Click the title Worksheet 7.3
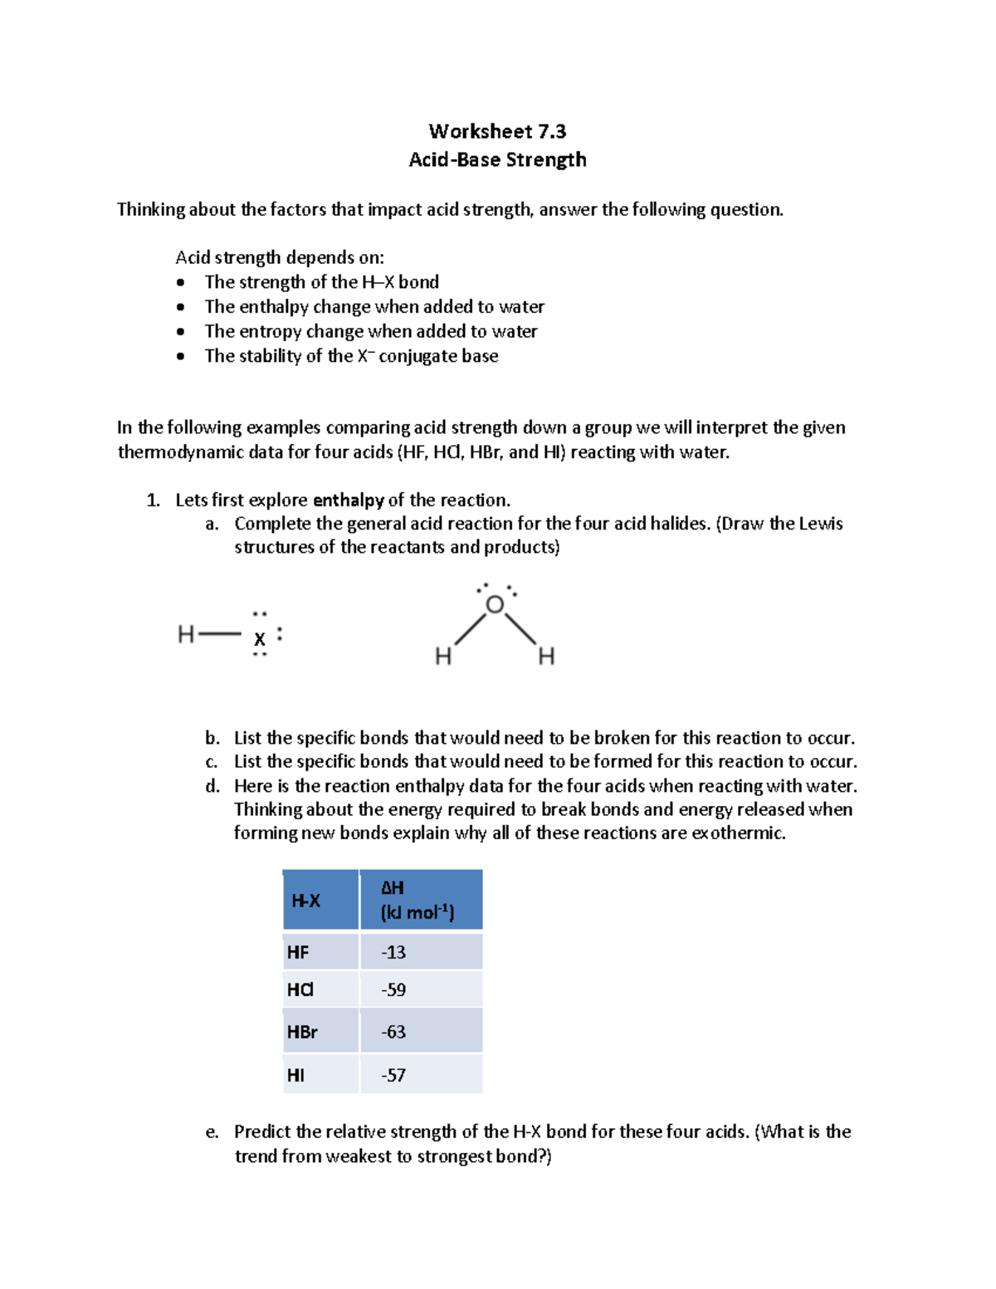coord(497,131)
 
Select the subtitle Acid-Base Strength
coord(497,159)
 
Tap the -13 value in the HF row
coord(393,952)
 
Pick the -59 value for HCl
coord(393,989)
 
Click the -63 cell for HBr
coord(393,1032)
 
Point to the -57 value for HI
coord(393,1075)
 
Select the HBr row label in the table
coord(302,1032)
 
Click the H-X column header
coord(305,901)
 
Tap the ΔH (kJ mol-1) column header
coord(417,901)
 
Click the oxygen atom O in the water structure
coord(495,605)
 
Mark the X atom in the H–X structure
coord(260,639)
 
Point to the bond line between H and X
coord(220,635)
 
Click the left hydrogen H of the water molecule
coord(443,657)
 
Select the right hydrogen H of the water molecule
coord(546,657)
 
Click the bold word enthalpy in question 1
coord(348,500)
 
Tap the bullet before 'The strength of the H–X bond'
coord(181,283)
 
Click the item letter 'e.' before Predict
coord(212,1132)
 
